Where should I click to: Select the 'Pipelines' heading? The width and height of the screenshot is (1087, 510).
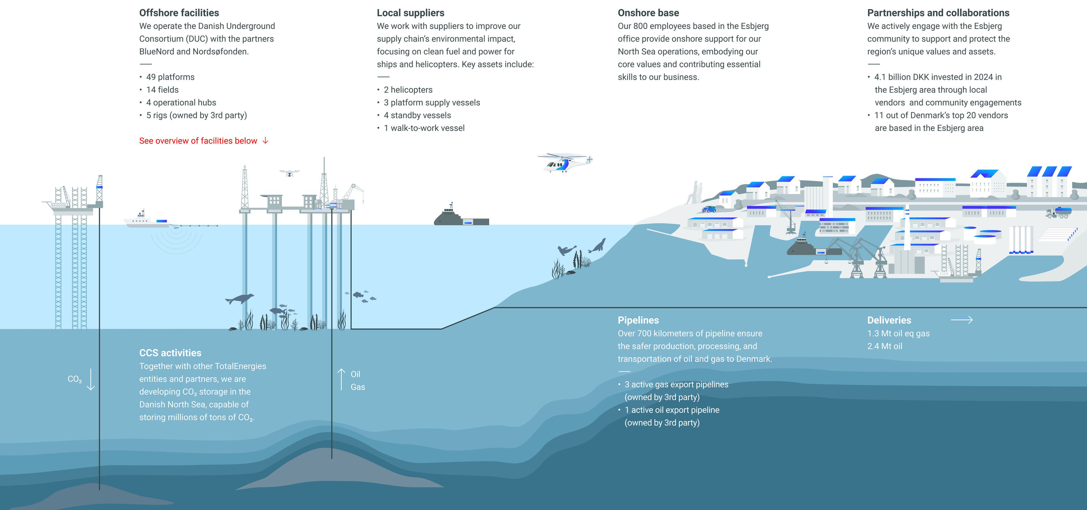(638, 320)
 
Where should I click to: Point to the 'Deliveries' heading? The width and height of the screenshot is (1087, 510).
(889, 320)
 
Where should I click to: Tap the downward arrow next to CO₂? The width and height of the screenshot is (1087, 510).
(91, 379)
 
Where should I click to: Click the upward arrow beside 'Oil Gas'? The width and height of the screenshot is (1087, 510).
(341, 379)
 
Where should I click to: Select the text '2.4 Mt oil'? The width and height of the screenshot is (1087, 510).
(884, 346)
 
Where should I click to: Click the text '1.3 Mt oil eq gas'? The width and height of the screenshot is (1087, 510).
(898, 333)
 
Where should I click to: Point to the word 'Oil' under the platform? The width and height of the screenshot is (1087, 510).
(355, 374)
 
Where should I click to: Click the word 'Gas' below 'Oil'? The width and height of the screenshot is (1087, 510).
(357, 387)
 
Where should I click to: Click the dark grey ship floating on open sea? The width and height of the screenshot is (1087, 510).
(462, 215)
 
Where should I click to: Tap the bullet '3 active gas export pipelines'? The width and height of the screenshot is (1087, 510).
(676, 384)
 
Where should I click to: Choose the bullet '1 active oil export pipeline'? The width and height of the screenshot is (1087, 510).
(672, 410)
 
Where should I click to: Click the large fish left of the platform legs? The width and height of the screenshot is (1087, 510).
(239, 299)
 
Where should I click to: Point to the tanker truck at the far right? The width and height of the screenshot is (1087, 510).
(1059, 212)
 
